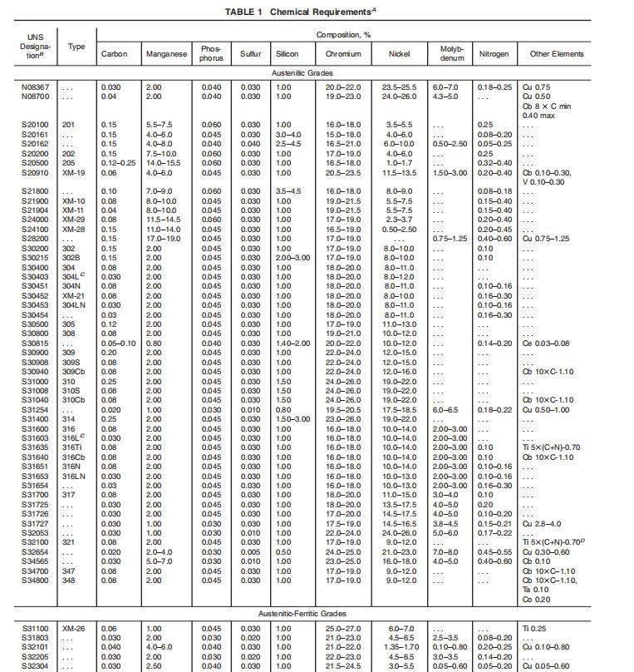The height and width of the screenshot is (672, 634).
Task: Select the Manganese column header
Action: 166,54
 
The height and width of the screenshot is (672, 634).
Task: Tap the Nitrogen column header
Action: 494,54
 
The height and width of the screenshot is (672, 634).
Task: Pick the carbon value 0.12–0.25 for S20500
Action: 115,163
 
